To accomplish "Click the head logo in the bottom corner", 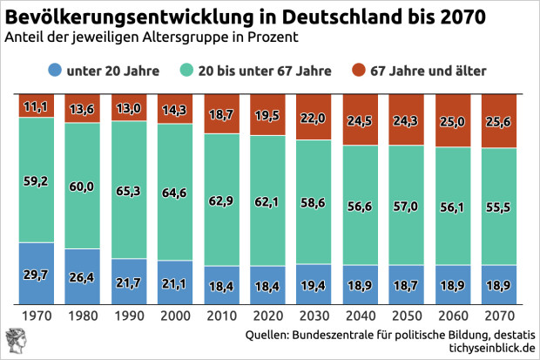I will coord(16,339).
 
